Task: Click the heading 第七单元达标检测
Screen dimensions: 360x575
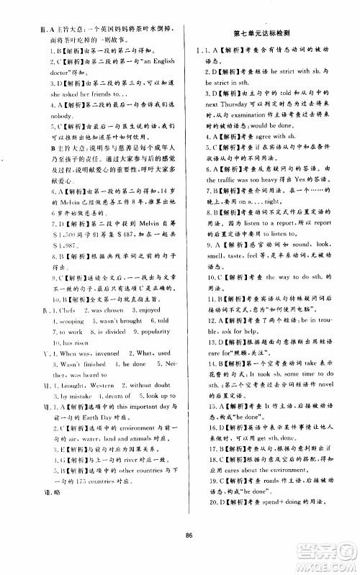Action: [x=269, y=35]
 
